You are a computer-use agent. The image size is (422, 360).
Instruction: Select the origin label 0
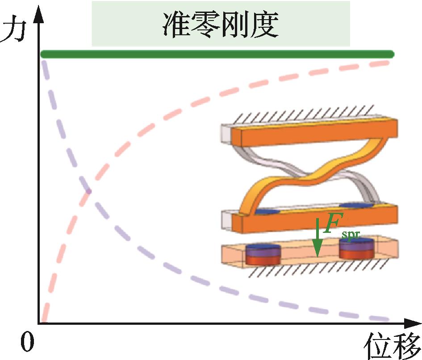pos(28,343)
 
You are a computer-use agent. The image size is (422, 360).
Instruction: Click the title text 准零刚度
pos(221,24)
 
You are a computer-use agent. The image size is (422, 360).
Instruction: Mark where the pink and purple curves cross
pos(88,191)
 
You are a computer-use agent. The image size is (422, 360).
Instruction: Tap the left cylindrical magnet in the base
pos(263,254)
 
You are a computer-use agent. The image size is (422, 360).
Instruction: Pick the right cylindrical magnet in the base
pos(356,249)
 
